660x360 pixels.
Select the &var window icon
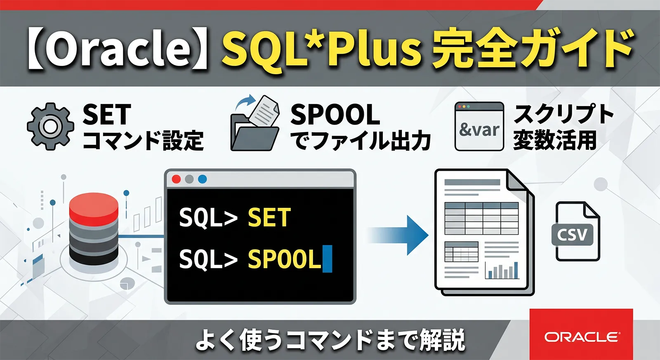tap(479, 127)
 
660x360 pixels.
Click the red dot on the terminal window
tap(176, 179)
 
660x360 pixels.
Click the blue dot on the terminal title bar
tap(202, 179)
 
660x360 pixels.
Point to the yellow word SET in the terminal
tap(269, 217)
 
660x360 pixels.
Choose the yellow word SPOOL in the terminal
tap(284, 259)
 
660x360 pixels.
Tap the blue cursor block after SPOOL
tap(327, 259)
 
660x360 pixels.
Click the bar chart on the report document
tap(502, 271)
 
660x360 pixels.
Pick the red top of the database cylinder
tap(94, 205)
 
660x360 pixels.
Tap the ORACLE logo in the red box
tap(582, 337)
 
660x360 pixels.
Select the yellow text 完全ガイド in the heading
tap(532, 49)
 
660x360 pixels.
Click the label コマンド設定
tap(143, 141)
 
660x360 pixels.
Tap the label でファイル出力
tap(361, 141)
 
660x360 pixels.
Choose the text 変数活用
tap(555, 140)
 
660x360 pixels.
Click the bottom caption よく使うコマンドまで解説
tap(330, 340)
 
